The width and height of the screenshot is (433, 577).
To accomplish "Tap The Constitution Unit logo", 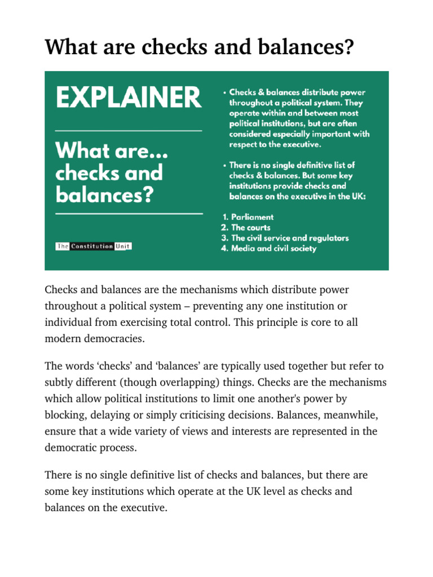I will tap(94, 246).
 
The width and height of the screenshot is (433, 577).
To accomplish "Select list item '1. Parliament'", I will tap(247, 217).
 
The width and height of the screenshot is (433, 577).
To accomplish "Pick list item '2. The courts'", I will tap(245, 228).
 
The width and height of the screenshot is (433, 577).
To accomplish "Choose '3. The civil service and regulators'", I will tap(284, 238).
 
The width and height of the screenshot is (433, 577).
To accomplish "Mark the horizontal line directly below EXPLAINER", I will tap(129, 131).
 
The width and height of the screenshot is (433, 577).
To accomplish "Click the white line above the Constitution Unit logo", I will tap(129, 214).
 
